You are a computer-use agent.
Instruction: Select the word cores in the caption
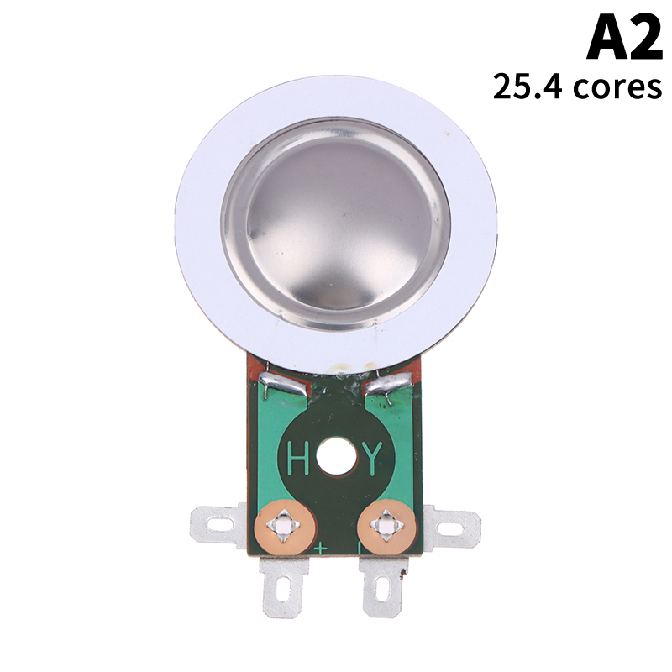coord(617,88)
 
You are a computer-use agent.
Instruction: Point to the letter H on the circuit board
coord(298,458)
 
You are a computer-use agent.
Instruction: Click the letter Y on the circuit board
coord(372,459)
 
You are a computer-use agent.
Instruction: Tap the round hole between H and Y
coord(337,456)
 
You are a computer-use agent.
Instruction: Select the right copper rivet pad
coord(386,526)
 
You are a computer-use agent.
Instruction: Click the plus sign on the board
coord(321,549)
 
